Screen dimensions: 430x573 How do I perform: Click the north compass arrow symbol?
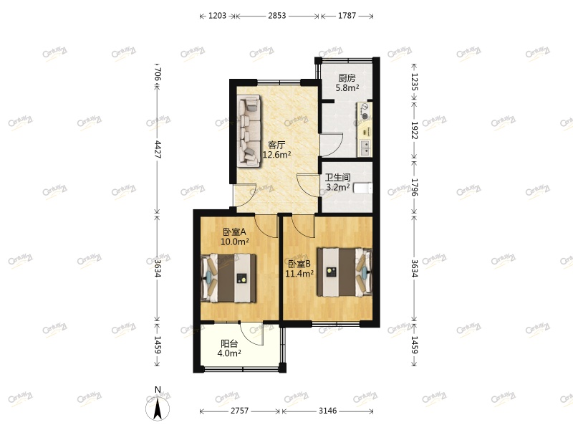pos(157,408)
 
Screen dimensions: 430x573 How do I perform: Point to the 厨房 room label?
pos(347,79)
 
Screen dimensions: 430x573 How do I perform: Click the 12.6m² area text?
pos(276,154)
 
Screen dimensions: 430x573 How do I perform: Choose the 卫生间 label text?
pos(337,177)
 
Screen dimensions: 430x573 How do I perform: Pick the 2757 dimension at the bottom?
pos(240,411)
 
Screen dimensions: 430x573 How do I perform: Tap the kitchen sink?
pos(365,148)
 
